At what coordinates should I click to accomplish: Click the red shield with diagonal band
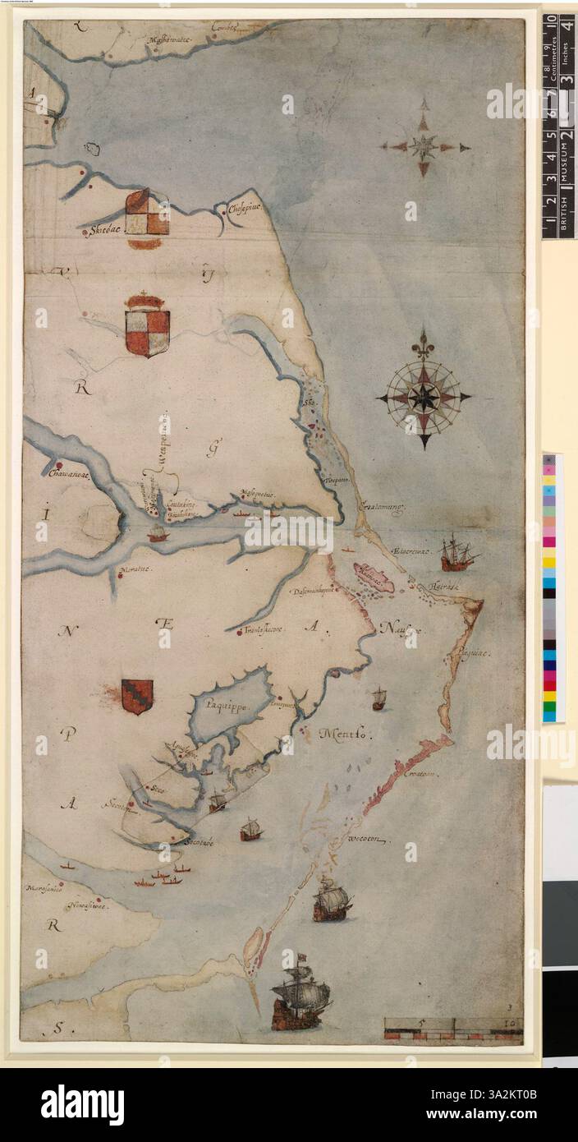click(x=137, y=696)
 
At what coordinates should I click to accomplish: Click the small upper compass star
click(x=424, y=147)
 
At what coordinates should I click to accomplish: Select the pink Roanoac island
click(x=373, y=577)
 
